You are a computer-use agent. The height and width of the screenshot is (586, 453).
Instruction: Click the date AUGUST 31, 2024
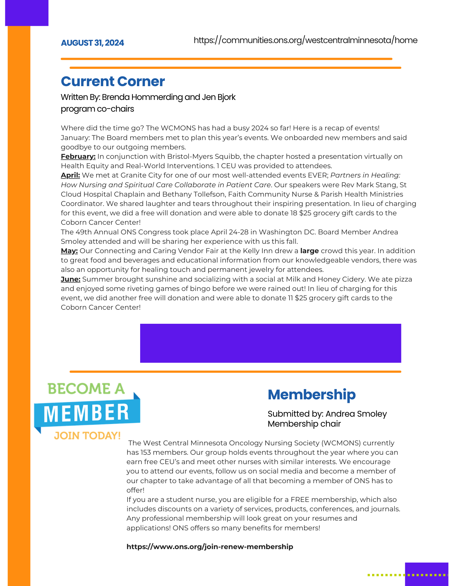tap(92, 43)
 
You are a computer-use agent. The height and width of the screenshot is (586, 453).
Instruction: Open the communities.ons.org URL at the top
tap(305, 40)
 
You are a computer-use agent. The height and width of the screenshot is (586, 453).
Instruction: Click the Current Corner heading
tap(113, 81)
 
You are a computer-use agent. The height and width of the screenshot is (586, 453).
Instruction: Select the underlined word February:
tap(78, 156)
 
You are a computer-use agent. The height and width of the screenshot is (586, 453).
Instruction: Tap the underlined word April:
tap(70, 175)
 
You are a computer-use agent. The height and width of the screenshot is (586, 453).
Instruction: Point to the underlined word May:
tap(69, 251)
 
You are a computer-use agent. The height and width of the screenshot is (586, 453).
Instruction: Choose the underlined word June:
tap(70, 279)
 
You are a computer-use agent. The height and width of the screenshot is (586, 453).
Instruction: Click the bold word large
tap(309, 251)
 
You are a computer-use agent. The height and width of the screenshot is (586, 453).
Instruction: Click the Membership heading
tap(311, 394)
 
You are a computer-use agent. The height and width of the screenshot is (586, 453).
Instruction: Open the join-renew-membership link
tap(210, 547)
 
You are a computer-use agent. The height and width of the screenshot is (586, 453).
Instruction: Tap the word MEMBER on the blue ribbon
tap(86, 413)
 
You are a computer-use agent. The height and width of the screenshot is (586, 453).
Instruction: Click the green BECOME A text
tap(86, 389)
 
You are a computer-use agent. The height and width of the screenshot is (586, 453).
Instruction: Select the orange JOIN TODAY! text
tap(87, 436)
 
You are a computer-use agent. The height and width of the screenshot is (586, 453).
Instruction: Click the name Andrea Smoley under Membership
tap(356, 414)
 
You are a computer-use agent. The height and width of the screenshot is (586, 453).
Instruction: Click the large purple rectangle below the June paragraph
tap(270, 343)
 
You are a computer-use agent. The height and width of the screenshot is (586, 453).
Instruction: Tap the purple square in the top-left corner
tap(27, 13)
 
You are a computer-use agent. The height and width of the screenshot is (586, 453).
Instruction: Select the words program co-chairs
tap(97, 109)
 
